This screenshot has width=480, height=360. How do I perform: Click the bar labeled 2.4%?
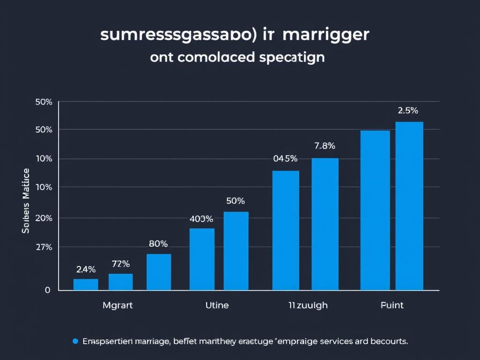pos(86,285)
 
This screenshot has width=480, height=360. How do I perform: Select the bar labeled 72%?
pos(120,282)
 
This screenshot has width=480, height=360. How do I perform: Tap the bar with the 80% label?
pos(158,272)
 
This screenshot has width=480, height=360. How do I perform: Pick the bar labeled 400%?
pos(202,259)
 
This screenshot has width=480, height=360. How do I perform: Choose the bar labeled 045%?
pos(285,230)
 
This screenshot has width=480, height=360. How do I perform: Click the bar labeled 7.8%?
pos(325,224)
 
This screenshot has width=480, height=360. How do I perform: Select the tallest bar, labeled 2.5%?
pos(409,206)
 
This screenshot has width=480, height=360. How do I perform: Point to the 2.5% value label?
pos(408,111)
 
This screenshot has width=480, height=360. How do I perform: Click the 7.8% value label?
pos(325,146)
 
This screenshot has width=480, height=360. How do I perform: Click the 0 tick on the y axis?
pos(47,290)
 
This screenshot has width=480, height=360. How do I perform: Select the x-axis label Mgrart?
pos(117,305)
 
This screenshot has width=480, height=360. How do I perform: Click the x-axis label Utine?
pos(217,305)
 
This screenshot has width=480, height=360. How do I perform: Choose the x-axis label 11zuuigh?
pos(308,305)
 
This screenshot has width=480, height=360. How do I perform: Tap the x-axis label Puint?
pos(391,305)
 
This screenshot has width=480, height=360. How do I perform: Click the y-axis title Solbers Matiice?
pos(26,201)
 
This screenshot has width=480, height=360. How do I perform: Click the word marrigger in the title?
pos(327,36)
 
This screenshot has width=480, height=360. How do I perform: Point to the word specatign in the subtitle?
pos(291,58)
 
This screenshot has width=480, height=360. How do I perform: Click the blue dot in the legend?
pos(75,341)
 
